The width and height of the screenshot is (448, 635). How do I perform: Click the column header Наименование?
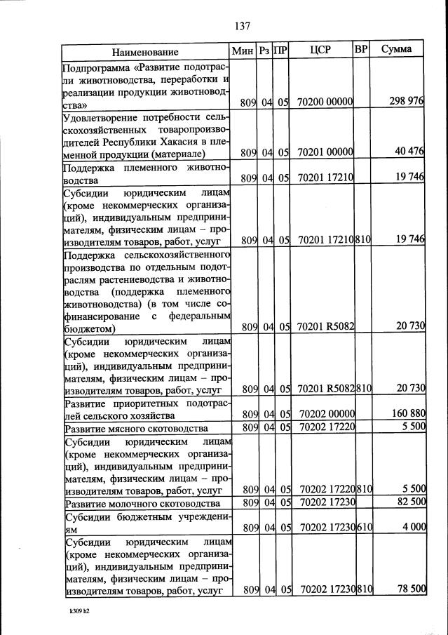tap(145, 52)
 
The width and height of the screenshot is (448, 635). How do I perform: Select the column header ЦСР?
tap(320, 51)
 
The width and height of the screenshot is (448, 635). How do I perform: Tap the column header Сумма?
tap(397, 51)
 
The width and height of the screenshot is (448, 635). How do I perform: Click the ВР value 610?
tap(363, 528)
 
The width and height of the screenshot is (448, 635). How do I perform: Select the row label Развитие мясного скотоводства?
tap(136, 428)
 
